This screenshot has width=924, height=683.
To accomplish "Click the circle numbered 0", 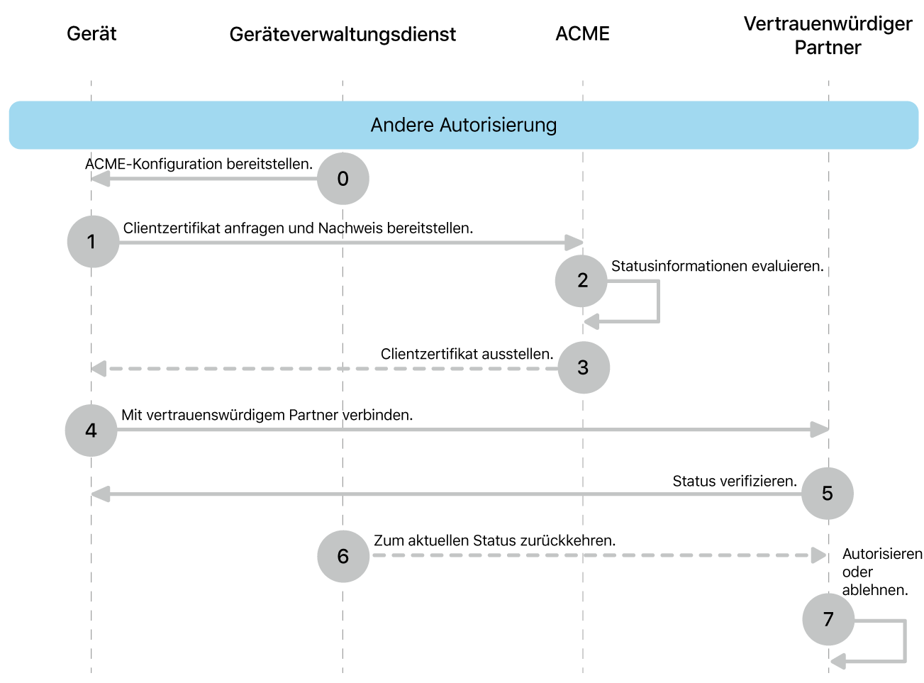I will pos(343,179).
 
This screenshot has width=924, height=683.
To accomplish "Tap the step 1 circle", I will pos(93,242).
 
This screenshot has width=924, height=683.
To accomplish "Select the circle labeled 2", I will pos(581,281).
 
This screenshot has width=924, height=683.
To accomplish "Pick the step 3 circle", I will pos(584,367).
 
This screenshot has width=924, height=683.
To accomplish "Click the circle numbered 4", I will pos(91,431).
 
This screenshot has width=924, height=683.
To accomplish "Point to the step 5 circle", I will pos(827,494).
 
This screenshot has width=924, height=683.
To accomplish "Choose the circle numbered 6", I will pos(343,556).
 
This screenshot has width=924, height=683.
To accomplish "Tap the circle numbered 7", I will pos(828,619).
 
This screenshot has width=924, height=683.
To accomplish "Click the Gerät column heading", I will pos(91,33).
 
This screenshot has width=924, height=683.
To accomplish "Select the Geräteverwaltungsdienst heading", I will pos(343,34).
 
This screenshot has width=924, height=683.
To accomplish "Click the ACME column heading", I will pos(582,33).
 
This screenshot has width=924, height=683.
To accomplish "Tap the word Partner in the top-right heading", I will pos(828,48).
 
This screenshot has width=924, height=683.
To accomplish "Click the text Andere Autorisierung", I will pos(463,125).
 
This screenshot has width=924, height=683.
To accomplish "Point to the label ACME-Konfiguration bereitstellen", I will pos(199,164).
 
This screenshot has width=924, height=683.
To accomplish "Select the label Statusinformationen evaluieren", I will pos(717,266).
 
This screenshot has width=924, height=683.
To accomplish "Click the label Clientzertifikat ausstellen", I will pos(467,354).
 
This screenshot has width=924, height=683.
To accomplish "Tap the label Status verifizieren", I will pos(735,481).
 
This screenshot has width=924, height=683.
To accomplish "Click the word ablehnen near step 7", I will pos(874,590).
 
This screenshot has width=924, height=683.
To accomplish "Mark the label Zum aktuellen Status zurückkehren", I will pos(494,540).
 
